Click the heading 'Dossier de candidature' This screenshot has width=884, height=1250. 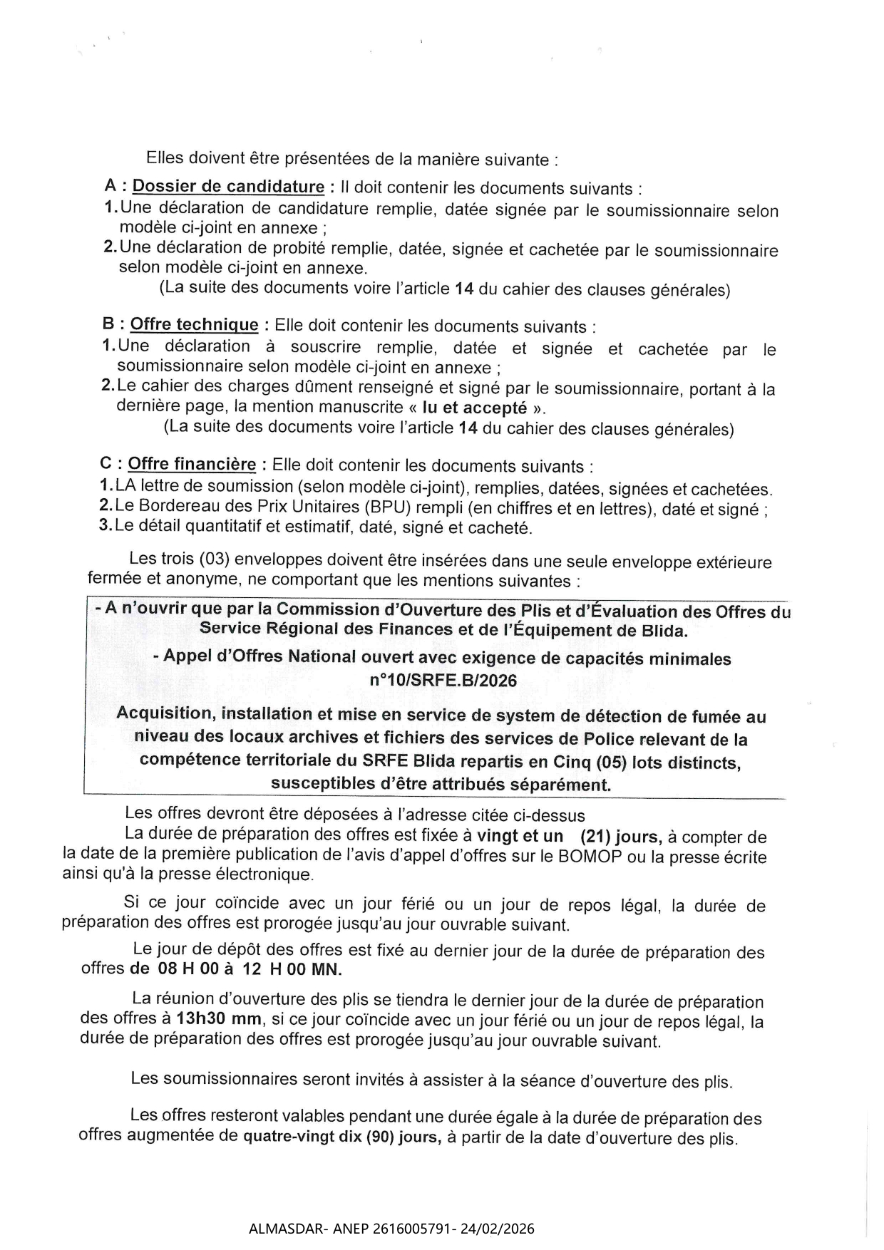tap(228, 187)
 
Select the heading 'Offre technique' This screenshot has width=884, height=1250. tap(194, 325)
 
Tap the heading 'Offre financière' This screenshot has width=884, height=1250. tap(192, 465)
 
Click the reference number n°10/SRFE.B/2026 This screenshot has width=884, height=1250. tap(443, 680)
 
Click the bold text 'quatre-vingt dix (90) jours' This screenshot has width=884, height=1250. tap(341, 1137)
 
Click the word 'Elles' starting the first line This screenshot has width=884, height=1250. tap(165, 157)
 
